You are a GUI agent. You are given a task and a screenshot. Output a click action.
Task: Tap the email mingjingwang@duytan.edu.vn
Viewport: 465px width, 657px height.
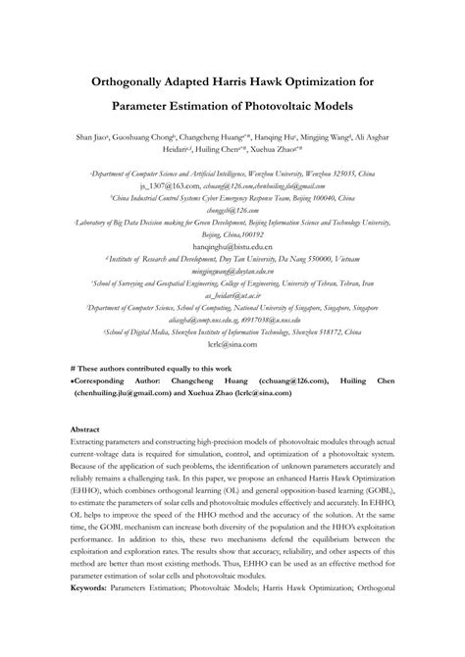pos(232,269)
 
